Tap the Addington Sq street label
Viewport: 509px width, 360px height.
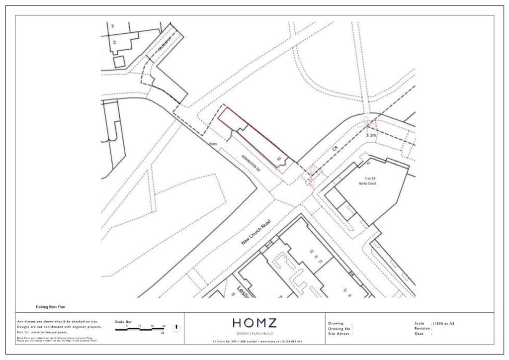[251, 162]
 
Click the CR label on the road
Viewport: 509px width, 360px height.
[337, 149]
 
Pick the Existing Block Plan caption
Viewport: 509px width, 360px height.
[51, 307]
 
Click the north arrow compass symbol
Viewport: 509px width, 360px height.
[176, 328]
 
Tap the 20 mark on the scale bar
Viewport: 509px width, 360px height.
[164, 326]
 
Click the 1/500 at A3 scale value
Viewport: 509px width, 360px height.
[443, 323]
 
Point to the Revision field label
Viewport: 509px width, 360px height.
[424, 328]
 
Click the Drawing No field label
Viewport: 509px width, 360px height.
[340, 328]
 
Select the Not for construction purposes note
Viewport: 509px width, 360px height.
[43, 332]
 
